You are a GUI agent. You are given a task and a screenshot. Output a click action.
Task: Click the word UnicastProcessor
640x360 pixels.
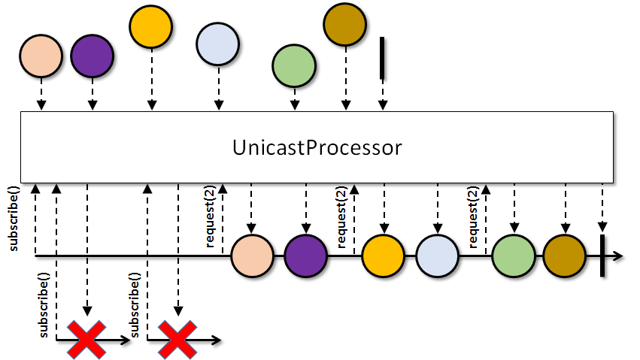pyautogui.click(x=317, y=147)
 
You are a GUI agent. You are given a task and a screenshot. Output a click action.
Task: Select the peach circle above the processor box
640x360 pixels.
pyautogui.click(x=41, y=56)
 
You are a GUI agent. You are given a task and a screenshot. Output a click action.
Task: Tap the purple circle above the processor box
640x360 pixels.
pyautogui.click(x=93, y=56)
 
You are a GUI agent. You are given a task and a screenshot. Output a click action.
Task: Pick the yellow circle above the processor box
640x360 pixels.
pyautogui.click(x=151, y=26)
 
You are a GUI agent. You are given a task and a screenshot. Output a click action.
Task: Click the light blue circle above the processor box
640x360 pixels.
pyautogui.click(x=217, y=44)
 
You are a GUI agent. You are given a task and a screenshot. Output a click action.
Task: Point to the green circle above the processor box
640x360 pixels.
pyautogui.click(x=294, y=65)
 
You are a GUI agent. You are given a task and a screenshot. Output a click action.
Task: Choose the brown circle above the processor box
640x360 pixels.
pyautogui.click(x=345, y=24)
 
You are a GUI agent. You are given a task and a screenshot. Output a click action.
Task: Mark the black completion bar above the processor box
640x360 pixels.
pyautogui.click(x=382, y=58)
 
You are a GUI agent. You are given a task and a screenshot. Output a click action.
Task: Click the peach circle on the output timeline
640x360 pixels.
pyautogui.click(x=252, y=256)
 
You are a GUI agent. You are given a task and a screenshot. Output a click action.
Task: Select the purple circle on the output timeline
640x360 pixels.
pyautogui.click(x=306, y=256)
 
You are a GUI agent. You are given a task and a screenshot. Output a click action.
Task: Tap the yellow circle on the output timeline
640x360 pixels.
pyautogui.click(x=384, y=256)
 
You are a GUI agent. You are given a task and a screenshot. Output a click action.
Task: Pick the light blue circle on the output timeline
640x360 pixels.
pyautogui.click(x=438, y=256)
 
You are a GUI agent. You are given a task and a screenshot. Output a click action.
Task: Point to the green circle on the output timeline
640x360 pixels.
pyautogui.click(x=514, y=256)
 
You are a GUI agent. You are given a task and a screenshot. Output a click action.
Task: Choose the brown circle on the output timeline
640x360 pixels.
pyautogui.click(x=565, y=256)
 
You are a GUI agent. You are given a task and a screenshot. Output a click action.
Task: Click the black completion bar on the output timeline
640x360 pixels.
pyautogui.click(x=602, y=256)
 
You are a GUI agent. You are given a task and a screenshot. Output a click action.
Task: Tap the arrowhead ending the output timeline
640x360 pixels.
pyautogui.click(x=618, y=256)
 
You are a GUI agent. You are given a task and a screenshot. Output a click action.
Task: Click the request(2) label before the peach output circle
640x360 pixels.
pyautogui.click(x=211, y=216)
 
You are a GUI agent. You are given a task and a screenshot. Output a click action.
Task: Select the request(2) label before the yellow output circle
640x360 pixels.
pyautogui.click(x=342, y=216)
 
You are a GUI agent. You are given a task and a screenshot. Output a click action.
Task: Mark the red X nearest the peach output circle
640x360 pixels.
pyautogui.click(x=177, y=340)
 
